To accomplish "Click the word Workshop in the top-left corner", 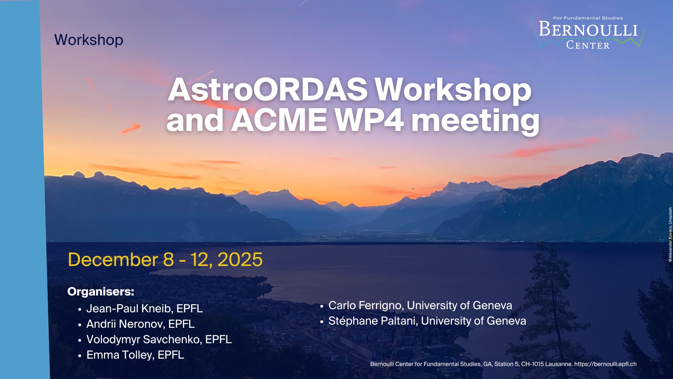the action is coord(89,40).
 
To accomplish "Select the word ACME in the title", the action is coord(279,120).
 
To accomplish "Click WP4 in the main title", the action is coord(369,120).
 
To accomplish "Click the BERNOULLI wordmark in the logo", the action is coord(588,29).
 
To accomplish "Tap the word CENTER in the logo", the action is coord(588,45).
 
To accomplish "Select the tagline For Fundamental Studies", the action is coord(588,18).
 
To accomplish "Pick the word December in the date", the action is coord(113,260).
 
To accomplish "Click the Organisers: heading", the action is coord(101,292).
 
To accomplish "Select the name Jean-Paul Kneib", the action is coord(130,308).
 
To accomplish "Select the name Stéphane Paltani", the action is coord(373,321).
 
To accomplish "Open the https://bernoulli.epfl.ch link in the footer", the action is coord(605,364).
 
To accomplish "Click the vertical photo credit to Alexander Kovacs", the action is coord(670,234).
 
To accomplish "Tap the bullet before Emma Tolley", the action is coord(80,355).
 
